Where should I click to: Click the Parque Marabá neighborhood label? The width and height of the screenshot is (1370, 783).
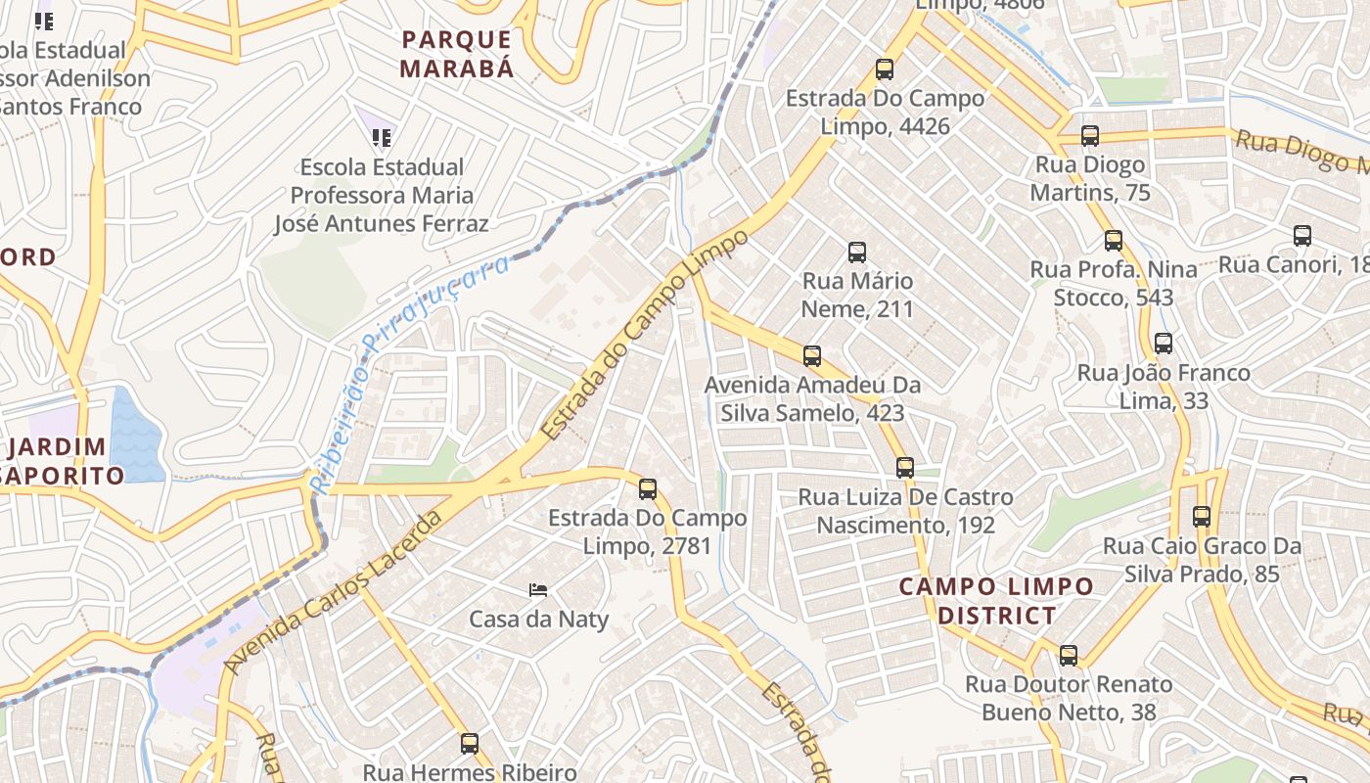click(458, 54)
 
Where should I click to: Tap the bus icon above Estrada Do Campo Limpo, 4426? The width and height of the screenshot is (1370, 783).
click(885, 69)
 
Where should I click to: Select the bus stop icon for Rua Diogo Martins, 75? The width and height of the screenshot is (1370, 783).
click(1090, 136)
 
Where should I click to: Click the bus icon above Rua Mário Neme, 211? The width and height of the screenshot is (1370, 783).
click(857, 253)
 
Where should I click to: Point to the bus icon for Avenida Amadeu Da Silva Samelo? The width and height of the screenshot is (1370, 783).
click(812, 356)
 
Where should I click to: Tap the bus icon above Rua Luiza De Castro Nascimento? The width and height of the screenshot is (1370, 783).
click(905, 468)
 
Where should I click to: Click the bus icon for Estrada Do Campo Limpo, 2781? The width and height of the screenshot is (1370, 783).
click(648, 489)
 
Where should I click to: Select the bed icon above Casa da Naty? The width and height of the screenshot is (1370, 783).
click(538, 589)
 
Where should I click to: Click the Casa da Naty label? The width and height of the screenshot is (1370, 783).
click(538, 619)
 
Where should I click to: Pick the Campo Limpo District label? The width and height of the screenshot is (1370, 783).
click(996, 601)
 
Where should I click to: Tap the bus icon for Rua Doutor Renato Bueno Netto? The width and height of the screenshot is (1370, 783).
click(1069, 656)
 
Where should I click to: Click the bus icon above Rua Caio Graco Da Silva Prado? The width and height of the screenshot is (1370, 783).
click(1202, 517)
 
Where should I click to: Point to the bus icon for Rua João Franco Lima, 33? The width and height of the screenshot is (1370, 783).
click(1164, 344)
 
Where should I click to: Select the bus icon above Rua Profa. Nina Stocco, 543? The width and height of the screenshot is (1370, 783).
click(1114, 241)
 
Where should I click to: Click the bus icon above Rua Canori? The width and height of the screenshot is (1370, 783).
click(1302, 236)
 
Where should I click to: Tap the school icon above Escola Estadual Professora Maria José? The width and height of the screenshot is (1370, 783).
click(382, 138)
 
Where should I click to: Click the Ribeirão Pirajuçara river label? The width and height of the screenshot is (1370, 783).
click(411, 372)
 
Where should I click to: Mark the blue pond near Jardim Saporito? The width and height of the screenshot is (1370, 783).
click(137, 436)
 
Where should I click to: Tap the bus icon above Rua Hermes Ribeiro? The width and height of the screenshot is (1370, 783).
click(470, 744)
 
